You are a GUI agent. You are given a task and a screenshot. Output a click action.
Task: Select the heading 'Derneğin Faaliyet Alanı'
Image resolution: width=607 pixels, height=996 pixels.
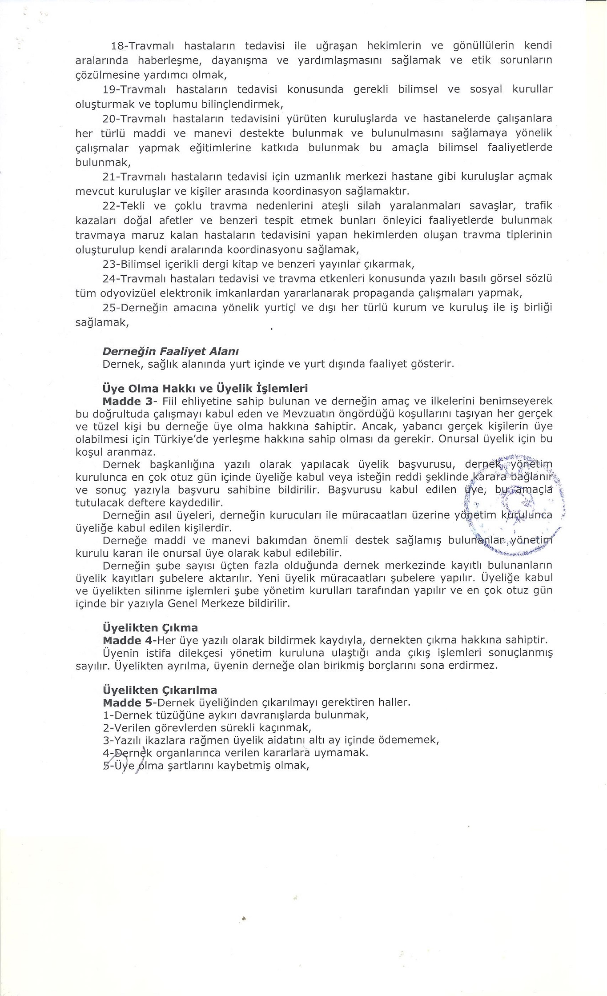coord(171,351)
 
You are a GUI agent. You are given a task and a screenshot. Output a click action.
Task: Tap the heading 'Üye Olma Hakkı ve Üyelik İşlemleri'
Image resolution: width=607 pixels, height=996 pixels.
coord(205,388)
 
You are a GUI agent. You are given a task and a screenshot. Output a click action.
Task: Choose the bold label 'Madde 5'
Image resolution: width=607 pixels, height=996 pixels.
coord(128,703)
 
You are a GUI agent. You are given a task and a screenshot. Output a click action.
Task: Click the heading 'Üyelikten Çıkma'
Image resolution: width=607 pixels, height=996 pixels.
coord(150,628)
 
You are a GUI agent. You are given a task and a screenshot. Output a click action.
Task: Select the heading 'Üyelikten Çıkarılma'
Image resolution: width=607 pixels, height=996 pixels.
coord(160,690)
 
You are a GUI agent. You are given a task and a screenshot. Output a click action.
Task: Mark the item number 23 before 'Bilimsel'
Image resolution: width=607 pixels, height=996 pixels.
coord(109,265)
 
